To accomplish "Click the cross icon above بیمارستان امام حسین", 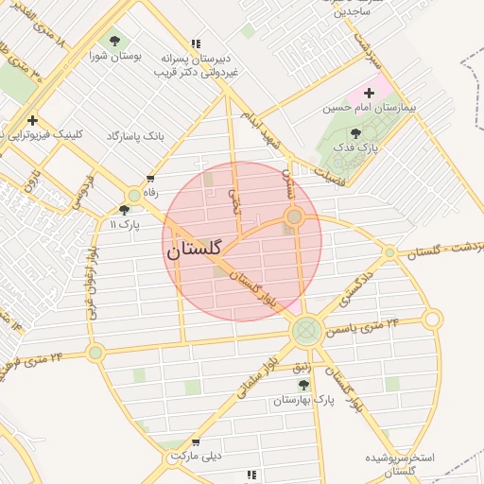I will pyautogui.click(x=369, y=92).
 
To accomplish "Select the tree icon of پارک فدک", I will pyautogui.click(x=355, y=133).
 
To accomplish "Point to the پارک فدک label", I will pyautogui.click(x=361, y=148).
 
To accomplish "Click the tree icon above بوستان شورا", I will pyautogui.click(x=115, y=41).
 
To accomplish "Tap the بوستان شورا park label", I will pyautogui.click(x=117, y=56).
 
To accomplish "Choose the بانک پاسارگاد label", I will pyautogui.click(x=135, y=137).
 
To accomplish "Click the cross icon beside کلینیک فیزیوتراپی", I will pyautogui.click(x=33, y=120).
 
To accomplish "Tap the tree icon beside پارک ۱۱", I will pyautogui.click(x=125, y=210).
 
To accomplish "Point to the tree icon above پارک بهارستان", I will pyautogui.click(x=303, y=385).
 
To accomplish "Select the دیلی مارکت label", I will pyautogui.click(x=196, y=457).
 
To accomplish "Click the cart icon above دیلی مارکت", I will pyautogui.click(x=196, y=441).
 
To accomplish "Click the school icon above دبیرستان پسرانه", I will pyautogui.click(x=196, y=43).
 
